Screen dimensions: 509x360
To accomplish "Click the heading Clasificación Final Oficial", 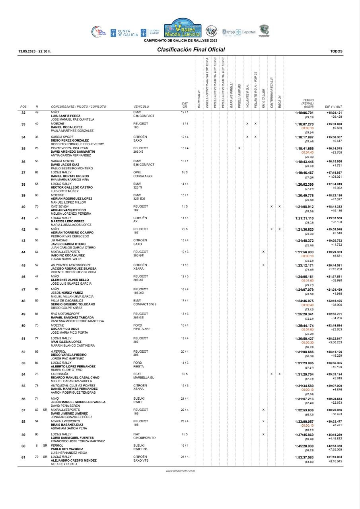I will [x=191, y=50].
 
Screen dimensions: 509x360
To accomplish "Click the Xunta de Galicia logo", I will [x=123, y=33].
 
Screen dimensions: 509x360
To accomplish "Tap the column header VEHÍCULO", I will [x=141, y=107].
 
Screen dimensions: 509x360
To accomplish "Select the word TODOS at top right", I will [x=336, y=51].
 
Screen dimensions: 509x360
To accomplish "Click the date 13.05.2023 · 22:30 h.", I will [x=35, y=51].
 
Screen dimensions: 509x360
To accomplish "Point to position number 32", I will [x=23, y=113].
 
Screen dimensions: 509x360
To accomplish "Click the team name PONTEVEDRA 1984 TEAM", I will [x=70, y=148].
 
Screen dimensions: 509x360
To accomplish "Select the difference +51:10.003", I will [x=334, y=457].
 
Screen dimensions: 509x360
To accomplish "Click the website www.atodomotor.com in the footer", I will [x=180, y=471].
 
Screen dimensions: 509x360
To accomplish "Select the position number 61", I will [x=23, y=457].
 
